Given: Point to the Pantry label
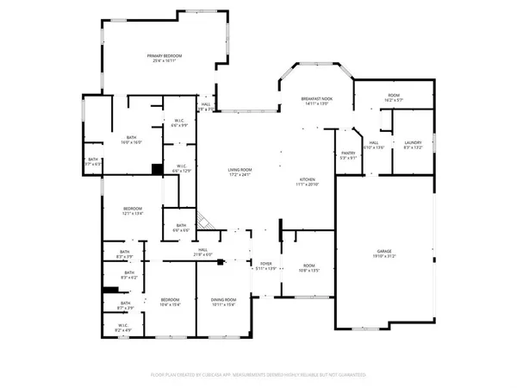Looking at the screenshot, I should coord(348,155).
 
